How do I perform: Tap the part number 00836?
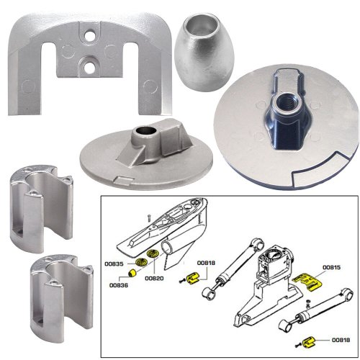click(120, 284)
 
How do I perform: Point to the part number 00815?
click(332, 268)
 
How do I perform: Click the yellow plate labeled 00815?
click(310, 279)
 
